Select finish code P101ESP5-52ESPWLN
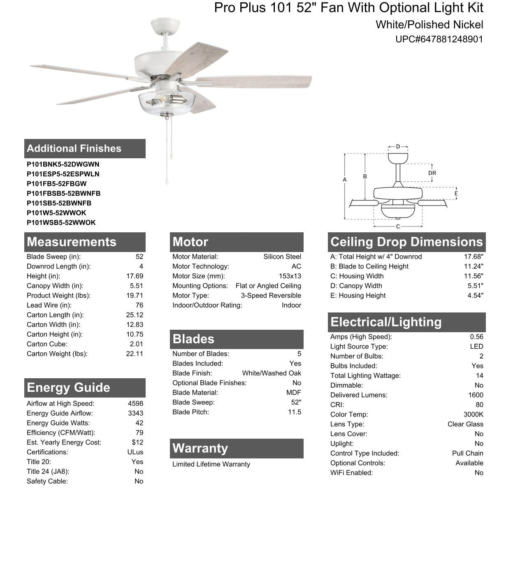pyautogui.click(x=63, y=174)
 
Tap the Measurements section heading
pyautogui.click(x=72, y=242)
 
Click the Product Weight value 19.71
pyautogui.click(x=135, y=296)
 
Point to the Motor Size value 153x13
pyautogui.click(x=290, y=276)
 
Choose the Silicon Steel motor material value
pyautogui.click(x=282, y=257)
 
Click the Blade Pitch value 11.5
pyautogui.click(x=295, y=412)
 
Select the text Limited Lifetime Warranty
pyautogui.click(x=211, y=464)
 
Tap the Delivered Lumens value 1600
pyautogui.click(x=476, y=395)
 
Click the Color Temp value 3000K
pyautogui.click(x=473, y=414)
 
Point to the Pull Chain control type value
pyautogui.click(x=467, y=453)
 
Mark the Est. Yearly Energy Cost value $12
pyautogui.click(x=137, y=442)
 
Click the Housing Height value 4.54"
pyautogui.click(x=475, y=296)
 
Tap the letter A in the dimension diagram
pyautogui.click(x=345, y=180)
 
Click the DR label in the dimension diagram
pyautogui.click(x=432, y=173)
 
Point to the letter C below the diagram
pyautogui.click(x=398, y=227)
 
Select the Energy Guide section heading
pyautogui.click(x=68, y=388)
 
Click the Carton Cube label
pyautogui.click(x=47, y=344)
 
